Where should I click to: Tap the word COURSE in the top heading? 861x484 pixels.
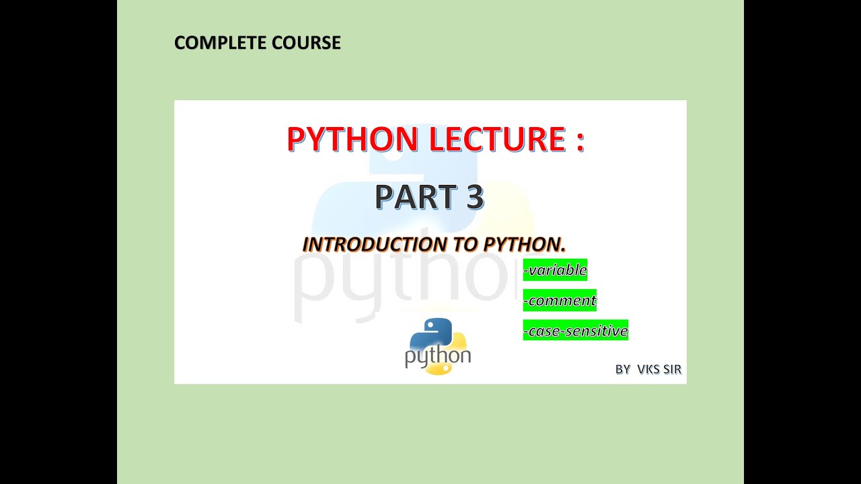tap(307, 43)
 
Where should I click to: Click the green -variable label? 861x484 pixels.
tap(555, 270)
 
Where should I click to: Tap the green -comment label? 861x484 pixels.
tap(560, 300)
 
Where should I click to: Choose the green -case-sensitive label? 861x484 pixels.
tap(575, 331)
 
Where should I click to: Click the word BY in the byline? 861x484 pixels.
tap(623, 370)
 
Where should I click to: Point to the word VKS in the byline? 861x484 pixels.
tap(649, 370)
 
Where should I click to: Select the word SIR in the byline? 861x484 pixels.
tap(672, 370)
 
